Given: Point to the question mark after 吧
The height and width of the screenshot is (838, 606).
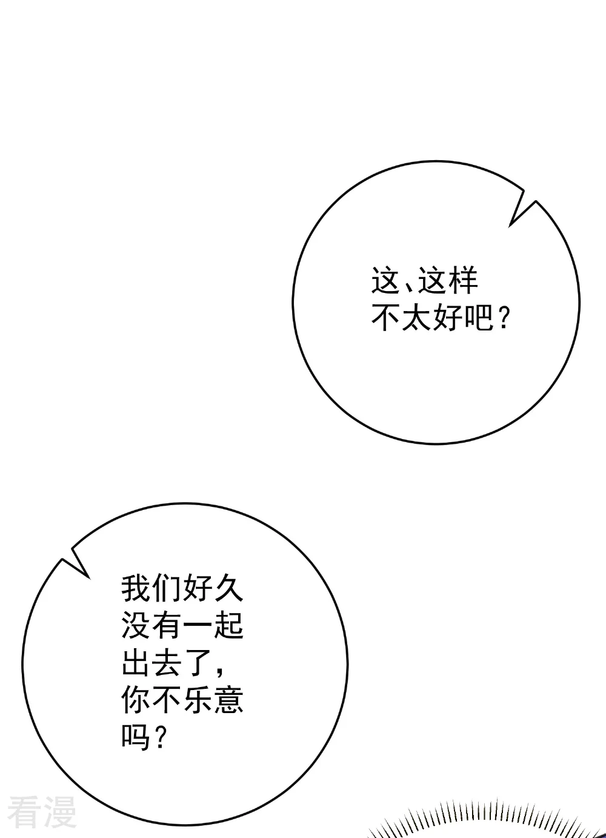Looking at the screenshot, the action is pyautogui.click(x=504, y=318).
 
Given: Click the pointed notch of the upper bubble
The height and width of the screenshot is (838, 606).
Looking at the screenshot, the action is pyautogui.click(x=510, y=226).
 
